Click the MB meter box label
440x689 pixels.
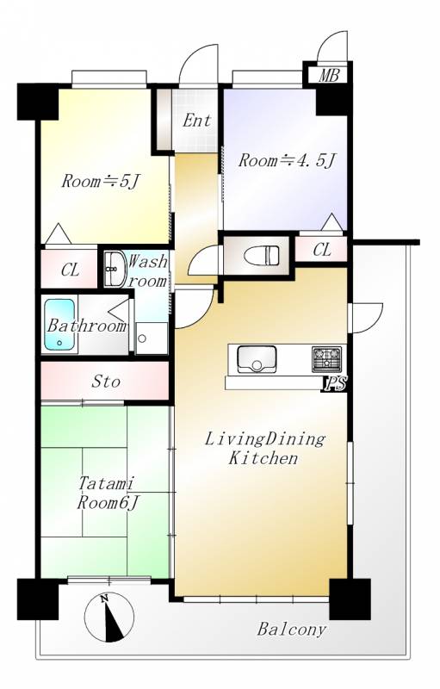[x=329, y=76]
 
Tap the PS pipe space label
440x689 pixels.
[x=335, y=385]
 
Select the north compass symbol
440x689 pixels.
[x=108, y=617]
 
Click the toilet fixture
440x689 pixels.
[x=261, y=255]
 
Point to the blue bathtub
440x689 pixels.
[x=59, y=325]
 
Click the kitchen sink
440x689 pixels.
[x=257, y=359]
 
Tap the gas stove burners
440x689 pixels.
[x=326, y=358]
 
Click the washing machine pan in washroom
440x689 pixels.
[x=151, y=338]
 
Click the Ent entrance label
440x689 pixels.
[x=196, y=121]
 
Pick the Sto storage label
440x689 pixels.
[x=105, y=382]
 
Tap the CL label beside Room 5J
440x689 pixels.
[x=71, y=270]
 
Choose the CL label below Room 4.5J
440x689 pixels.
[x=322, y=250]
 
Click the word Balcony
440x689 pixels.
[x=292, y=630]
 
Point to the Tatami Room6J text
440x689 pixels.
[x=108, y=493]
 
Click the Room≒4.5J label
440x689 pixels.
[x=288, y=161]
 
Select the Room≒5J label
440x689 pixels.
[x=100, y=181]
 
